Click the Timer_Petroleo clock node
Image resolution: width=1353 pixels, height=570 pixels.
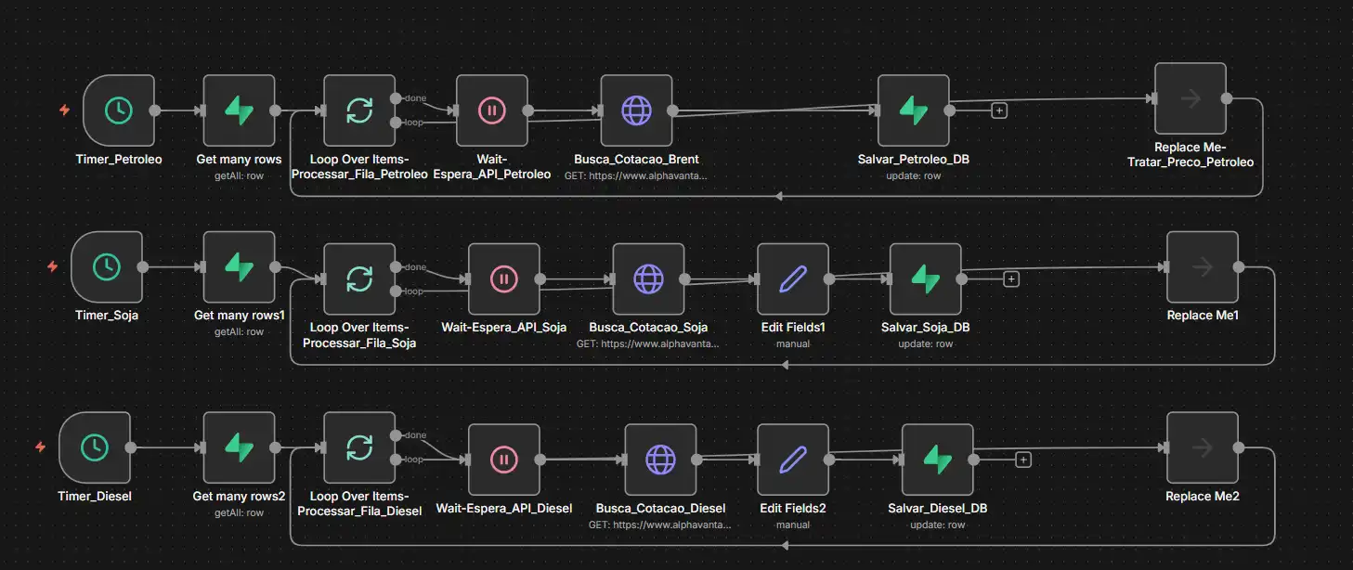tap(118, 110)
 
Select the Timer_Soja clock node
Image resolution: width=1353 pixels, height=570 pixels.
tap(107, 267)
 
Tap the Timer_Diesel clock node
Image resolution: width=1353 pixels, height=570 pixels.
tap(94, 448)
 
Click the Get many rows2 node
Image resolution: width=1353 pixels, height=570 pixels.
tap(239, 448)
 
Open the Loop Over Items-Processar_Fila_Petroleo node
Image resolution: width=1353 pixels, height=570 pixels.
tap(359, 110)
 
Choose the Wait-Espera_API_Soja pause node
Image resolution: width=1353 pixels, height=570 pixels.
tap(503, 279)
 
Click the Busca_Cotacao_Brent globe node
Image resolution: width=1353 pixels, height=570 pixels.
tap(636, 110)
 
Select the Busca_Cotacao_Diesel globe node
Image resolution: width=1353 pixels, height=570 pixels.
tap(660, 460)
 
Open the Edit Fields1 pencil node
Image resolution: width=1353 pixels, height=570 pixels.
tap(793, 279)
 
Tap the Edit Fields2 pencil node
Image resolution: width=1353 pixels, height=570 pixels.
tap(793, 460)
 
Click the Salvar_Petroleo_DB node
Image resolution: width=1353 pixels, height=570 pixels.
tap(913, 110)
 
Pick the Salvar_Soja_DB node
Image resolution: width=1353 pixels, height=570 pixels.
tap(925, 279)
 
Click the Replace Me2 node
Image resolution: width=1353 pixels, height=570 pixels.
tap(1202, 448)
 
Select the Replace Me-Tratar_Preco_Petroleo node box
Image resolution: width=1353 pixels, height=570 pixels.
tap(1190, 98)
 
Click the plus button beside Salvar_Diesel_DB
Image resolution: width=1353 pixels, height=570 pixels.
tap(1023, 459)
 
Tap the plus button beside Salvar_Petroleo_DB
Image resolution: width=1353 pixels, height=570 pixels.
tap(999, 110)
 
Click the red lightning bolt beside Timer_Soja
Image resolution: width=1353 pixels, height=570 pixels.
tap(52, 267)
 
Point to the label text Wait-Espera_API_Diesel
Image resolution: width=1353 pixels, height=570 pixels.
tap(503, 509)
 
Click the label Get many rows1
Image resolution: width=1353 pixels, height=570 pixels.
tap(239, 316)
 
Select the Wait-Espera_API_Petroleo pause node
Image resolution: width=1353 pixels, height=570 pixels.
tap(492, 110)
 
